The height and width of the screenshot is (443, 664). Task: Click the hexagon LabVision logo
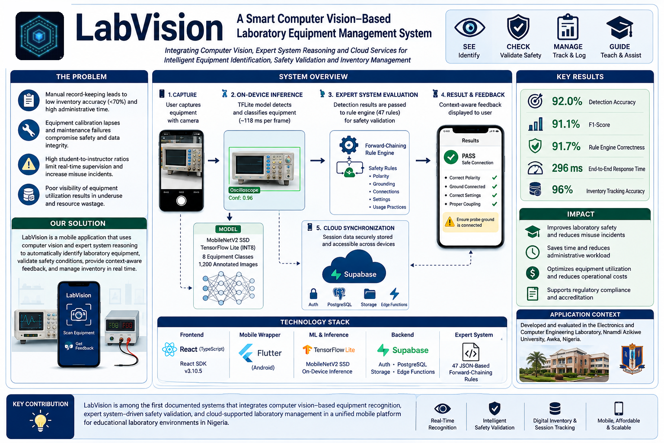click(40, 36)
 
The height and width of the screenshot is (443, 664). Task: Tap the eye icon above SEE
click(469, 28)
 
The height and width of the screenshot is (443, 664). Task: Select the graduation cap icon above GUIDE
click(619, 28)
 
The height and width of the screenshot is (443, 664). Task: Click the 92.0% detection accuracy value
click(567, 102)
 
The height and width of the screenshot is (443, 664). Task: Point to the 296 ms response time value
click(567, 168)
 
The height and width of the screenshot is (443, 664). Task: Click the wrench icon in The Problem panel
click(29, 130)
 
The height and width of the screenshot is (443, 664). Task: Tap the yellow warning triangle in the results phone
click(450, 221)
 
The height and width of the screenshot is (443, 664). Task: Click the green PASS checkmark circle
click(451, 157)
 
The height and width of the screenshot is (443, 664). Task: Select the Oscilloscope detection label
click(244, 190)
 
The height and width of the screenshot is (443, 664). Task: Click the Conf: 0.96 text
click(240, 198)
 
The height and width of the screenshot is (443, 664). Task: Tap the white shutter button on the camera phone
click(181, 201)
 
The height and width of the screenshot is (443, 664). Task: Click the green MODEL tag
click(228, 229)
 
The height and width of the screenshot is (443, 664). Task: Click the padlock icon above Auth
click(313, 294)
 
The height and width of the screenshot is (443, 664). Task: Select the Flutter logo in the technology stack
click(246, 353)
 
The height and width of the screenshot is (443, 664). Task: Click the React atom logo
click(169, 350)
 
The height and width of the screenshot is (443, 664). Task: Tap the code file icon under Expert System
click(470, 352)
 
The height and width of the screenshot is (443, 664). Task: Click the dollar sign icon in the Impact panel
click(533, 273)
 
